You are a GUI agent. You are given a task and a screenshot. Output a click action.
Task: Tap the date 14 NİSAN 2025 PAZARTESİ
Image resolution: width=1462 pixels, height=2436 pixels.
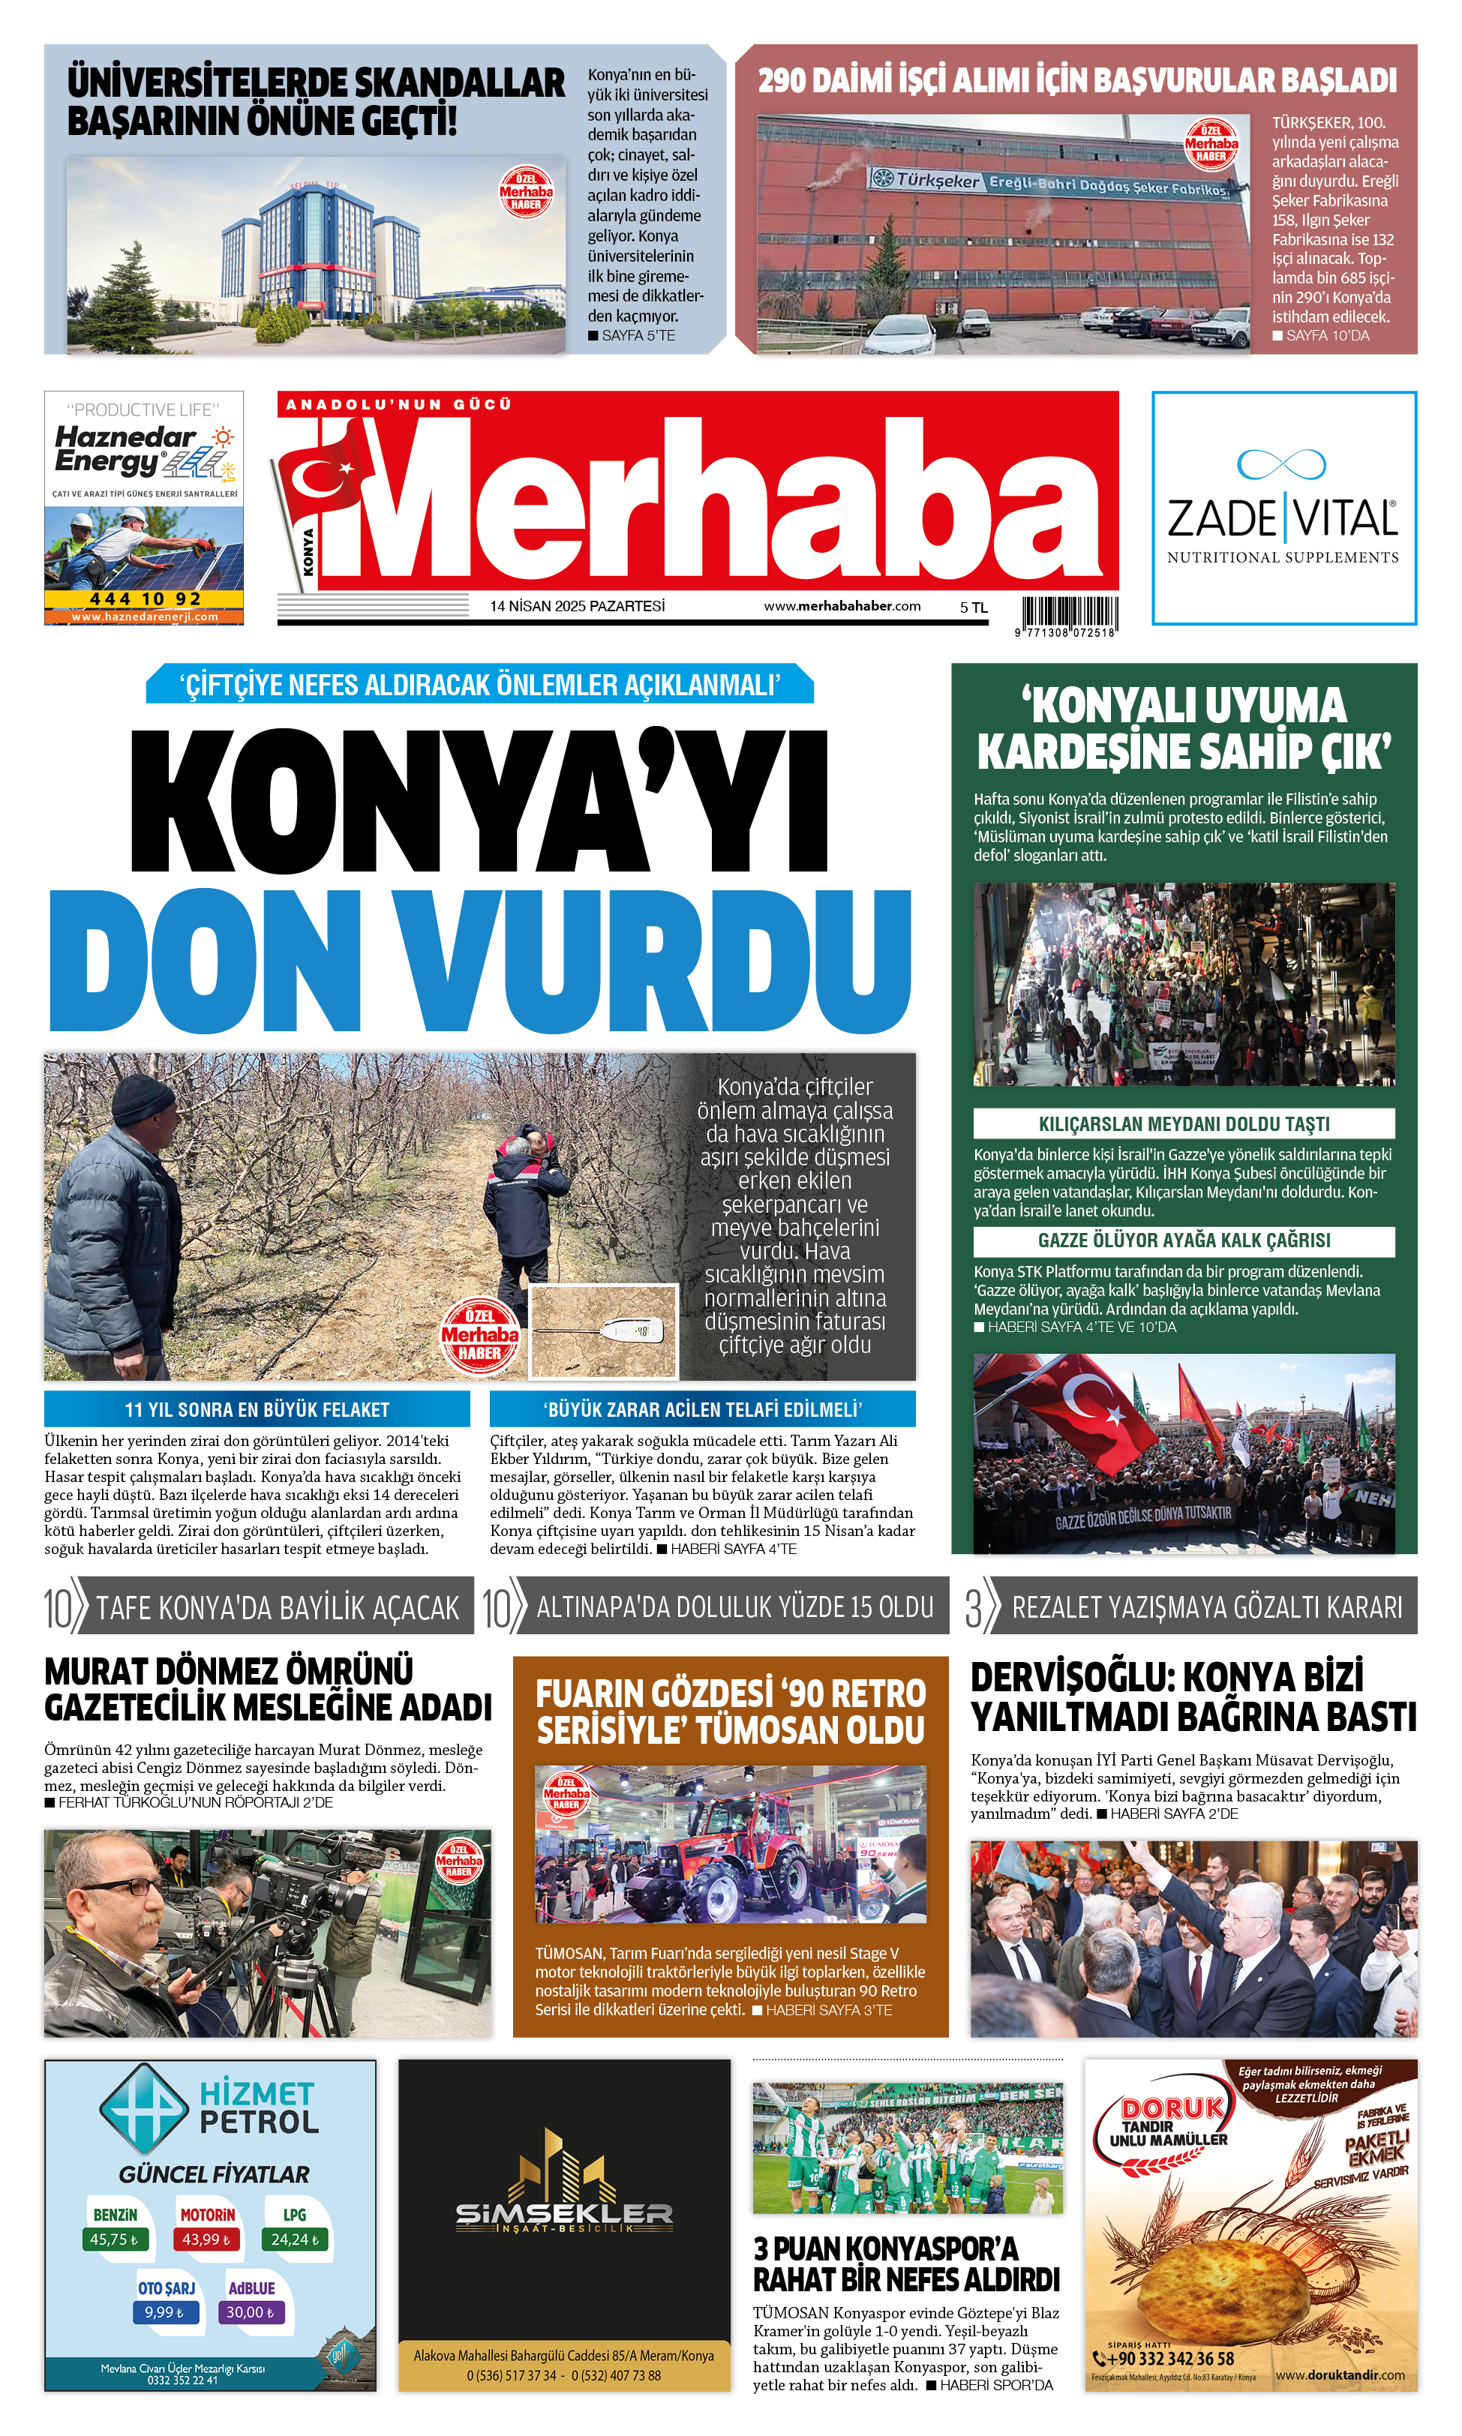click(x=578, y=606)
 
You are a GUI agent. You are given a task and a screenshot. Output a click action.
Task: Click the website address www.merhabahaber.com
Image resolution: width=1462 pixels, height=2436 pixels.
click(x=842, y=606)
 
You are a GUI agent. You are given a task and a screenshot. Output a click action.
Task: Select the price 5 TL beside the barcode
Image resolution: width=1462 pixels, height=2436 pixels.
click(x=974, y=607)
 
